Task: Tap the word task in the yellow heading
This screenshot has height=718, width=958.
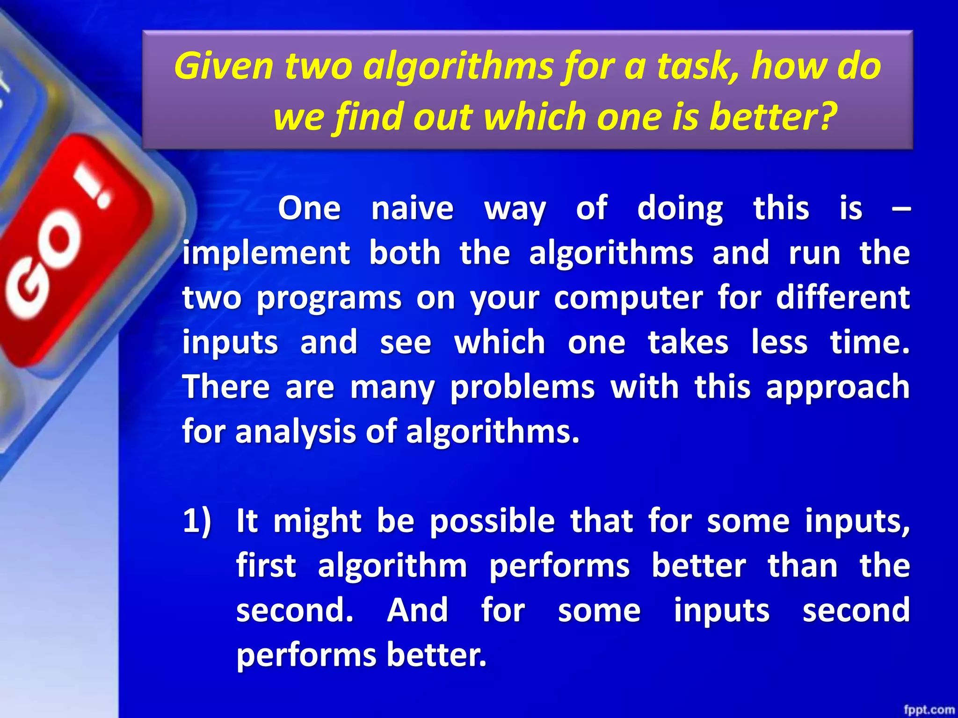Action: pos(697,66)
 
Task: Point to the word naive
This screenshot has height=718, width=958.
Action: pos(412,208)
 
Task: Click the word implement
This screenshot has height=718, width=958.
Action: pos(266,253)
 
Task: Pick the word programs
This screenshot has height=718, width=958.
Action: pos(329,298)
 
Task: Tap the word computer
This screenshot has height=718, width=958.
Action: pos(628,298)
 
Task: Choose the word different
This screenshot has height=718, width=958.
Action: pos(843,297)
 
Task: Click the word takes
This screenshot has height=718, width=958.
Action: pos(688,342)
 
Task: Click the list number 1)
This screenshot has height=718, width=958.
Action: pos(197,520)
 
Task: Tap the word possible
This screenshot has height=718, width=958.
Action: pos(493,521)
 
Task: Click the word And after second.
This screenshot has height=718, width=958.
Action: pos(418,610)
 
